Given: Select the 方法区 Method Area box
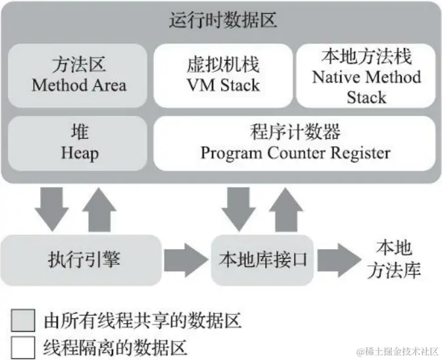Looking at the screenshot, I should tap(78, 75).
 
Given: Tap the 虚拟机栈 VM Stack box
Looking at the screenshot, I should tap(222, 75).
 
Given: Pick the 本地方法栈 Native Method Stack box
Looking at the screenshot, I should tap(366, 75).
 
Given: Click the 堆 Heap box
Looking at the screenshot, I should tap(78, 143).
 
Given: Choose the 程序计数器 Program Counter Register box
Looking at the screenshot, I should tap(295, 143).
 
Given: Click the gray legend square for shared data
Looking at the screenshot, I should tap(23, 321).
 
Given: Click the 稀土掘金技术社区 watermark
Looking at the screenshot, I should tap(397, 351).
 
